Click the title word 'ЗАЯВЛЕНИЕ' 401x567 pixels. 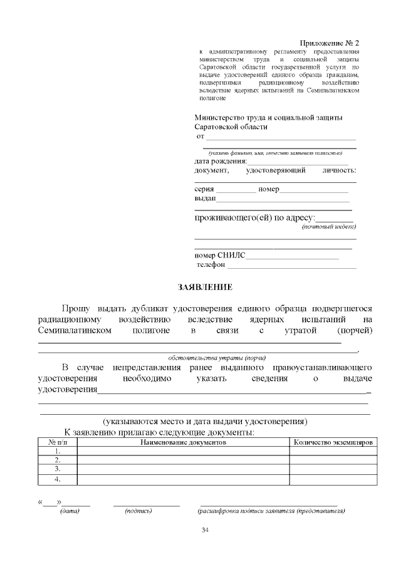click(x=205, y=288)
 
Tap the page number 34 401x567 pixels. click(x=205, y=531)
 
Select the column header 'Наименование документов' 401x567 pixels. click(x=182, y=442)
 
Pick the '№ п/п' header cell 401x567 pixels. click(x=58, y=442)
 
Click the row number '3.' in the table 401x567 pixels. click(x=58, y=469)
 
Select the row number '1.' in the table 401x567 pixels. click(x=58, y=451)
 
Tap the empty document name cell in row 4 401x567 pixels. click(x=182, y=480)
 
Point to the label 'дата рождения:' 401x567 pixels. click(x=221, y=161)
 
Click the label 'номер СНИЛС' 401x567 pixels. click(x=220, y=256)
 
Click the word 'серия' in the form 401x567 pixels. click(x=204, y=189)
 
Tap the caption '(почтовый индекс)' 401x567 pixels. click(x=328, y=227)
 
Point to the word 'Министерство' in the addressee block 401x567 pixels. click(x=221, y=117)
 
